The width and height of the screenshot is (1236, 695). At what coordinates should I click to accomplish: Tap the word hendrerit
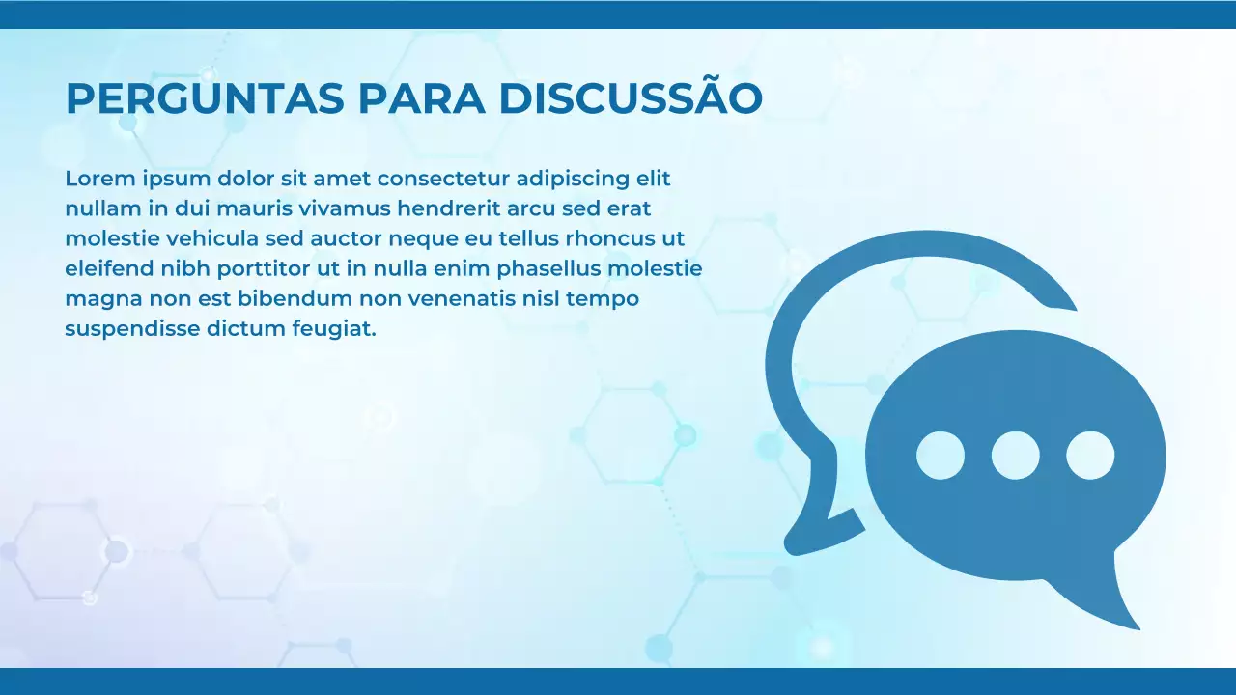[x=447, y=208]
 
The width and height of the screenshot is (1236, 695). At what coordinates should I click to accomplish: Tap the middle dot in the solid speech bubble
[x=1016, y=456]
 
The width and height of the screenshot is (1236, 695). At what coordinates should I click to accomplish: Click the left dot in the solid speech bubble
[x=941, y=456]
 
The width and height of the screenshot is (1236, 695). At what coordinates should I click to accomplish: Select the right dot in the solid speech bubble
[x=1090, y=456]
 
